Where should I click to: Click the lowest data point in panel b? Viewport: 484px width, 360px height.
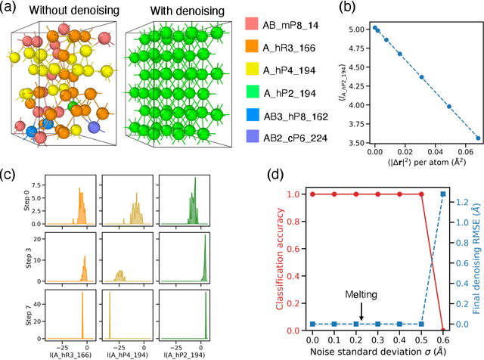[x=478, y=138]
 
